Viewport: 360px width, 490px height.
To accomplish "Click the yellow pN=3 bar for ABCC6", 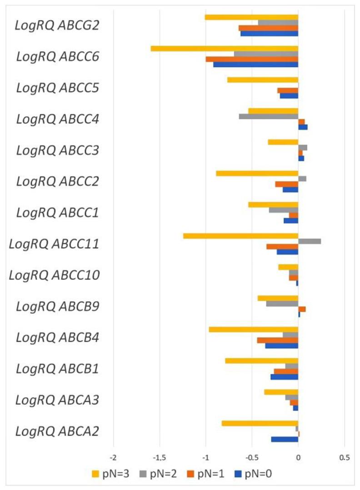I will (225, 49).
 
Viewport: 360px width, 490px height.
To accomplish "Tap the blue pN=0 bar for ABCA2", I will (285, 439).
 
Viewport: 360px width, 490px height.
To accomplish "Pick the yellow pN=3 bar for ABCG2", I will (251, 17).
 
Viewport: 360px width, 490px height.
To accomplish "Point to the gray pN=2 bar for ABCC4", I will (269, 116).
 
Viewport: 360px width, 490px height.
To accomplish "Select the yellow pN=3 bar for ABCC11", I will (240, 235).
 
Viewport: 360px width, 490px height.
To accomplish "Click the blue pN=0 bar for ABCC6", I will (255, 65).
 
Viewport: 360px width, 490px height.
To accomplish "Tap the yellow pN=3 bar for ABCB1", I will (261, 361).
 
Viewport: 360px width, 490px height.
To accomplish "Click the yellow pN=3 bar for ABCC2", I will (257, 173).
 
